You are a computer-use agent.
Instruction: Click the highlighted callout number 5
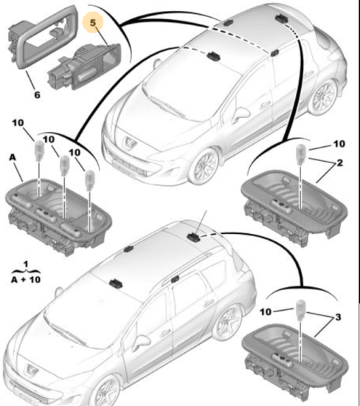[93, 23]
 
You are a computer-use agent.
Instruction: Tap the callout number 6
[38, 95]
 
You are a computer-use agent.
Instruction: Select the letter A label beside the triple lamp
[13, 157]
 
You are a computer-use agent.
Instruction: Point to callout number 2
[339, 162]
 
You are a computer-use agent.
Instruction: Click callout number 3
[338, 317]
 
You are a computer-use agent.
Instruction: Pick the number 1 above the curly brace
[26, 264]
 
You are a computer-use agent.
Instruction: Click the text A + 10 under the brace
[26, 280]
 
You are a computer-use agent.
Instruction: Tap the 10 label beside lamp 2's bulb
[339, 144]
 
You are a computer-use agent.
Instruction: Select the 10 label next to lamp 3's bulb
[266, 312]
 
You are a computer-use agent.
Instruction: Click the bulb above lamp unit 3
[301, 309]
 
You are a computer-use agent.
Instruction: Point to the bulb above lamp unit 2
[300, 154]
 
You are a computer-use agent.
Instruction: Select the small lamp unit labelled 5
[84, 66]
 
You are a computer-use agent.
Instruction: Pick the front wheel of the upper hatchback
[205, 165]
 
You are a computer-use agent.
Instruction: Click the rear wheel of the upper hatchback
[323, 97]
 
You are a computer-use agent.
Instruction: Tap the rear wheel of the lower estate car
[228, 321]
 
